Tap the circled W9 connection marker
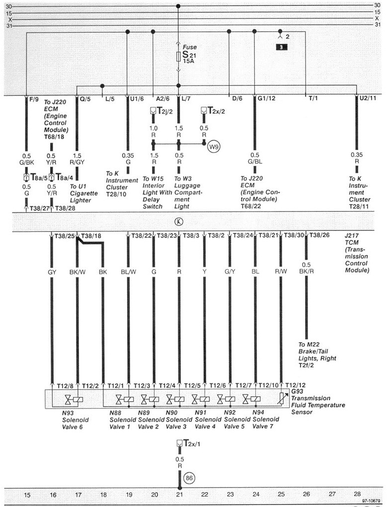[214, 146]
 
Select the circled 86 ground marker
[189, 478]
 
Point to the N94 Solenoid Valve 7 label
[266, 419]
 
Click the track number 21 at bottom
[179, 495]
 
